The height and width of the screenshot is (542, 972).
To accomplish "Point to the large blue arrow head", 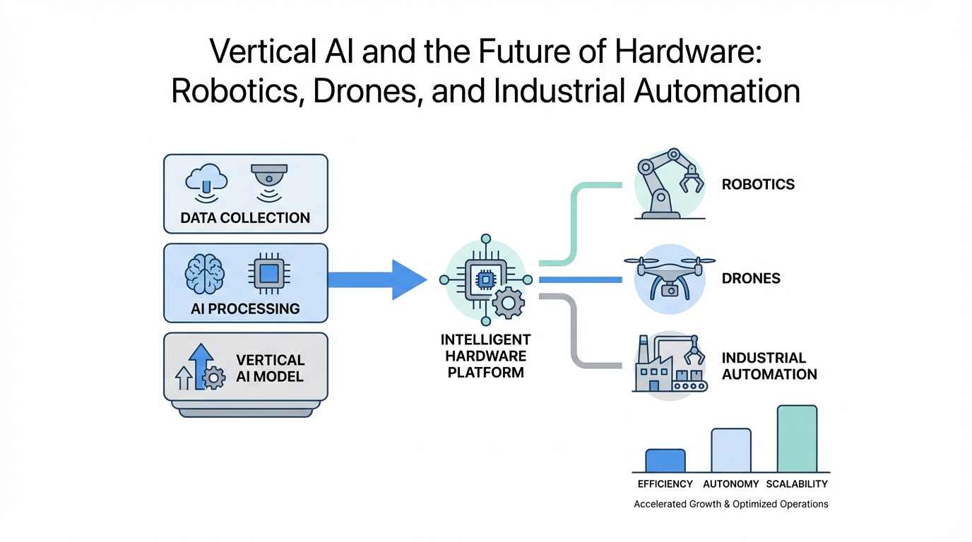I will pyautogui.click(x=408, y=279).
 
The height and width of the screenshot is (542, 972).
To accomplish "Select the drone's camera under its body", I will pyautogui.click(x=669, y=289).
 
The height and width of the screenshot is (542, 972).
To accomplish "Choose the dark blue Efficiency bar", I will pyautogui.click(x=665, y=460).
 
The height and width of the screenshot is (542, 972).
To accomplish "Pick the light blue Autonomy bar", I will pyautogui.click(x=730, y=450).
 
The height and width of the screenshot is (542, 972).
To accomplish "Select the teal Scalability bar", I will pyautogui.click(x=797, y=438).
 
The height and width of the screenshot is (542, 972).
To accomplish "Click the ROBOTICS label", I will pyautogui.click(x=758, y=185).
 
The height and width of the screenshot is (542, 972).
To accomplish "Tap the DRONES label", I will pyautogui.click(x=751, y=278).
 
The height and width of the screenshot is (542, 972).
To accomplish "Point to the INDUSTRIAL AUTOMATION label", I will pyautogui.click(x=769, y=366).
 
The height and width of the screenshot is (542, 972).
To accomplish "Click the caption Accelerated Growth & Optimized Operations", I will pyautogui.click(x=730, y=505).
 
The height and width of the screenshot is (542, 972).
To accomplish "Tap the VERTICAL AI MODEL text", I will pyautogui.click(x=270, y=368).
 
